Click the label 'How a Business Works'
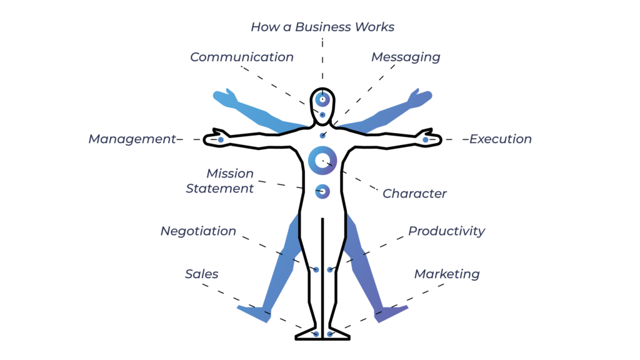[x=322, y=27]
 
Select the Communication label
[x=242, y=57]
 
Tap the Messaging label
[x=406, y=57]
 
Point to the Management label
[x=132, y=139]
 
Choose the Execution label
[x=501, y=139]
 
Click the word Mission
[x=230, y=174]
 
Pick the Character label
[x=414, y=194]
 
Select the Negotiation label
[x=198, y=231]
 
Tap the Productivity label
[x=446, y=231]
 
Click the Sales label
[x=202, y=274]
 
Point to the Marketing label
[x=447, y=274]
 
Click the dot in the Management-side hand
[x=221, y=139]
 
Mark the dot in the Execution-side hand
[x=425, y=139]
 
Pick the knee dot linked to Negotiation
[x=316, y=269]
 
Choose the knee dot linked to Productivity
[x=330, y=269]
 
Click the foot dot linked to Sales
[x=316, y=334]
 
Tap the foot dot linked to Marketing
[x=330, y=334]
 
